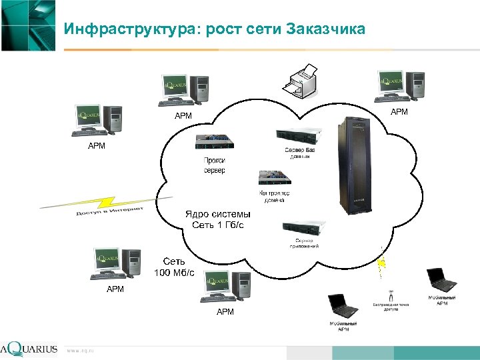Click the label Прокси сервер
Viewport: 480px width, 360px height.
215,165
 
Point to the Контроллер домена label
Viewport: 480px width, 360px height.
274,197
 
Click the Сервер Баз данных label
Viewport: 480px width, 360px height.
300,154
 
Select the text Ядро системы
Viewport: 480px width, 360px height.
217,214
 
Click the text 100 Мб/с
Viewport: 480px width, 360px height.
174,273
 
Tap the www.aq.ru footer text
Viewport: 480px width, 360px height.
80,350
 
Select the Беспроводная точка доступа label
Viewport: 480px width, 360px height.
391,307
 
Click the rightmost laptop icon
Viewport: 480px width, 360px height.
441,280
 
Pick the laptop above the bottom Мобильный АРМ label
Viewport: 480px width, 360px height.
343,306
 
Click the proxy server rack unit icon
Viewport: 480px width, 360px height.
214,142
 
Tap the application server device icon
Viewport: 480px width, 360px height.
304,229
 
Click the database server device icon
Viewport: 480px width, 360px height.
297,136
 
